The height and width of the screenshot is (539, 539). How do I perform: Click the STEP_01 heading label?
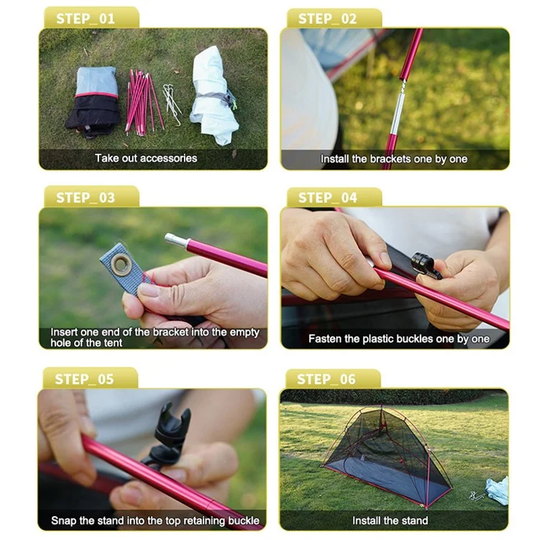coord(86,19)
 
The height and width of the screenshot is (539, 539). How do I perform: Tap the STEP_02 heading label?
coord(327,19)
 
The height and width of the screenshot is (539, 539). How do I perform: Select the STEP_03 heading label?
coord(86,198)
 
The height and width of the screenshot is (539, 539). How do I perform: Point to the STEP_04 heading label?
coord(327,198)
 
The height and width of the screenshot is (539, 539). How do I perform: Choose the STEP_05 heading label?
coord(84,379)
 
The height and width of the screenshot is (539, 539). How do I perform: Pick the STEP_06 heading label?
coord(326,379)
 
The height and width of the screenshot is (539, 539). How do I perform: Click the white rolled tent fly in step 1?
coord(214,96)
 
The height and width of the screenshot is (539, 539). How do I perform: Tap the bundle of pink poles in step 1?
coord(143,102)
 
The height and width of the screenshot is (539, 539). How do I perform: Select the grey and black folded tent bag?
coord(93,101)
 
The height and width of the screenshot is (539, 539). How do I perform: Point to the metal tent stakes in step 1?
coord(172,103)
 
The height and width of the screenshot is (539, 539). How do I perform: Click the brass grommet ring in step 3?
coord(121,264)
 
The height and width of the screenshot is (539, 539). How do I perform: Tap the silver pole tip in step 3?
coord(175,239)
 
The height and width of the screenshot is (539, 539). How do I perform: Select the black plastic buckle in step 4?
coord(425,265)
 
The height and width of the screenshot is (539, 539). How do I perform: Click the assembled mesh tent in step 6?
coord(387,456)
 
